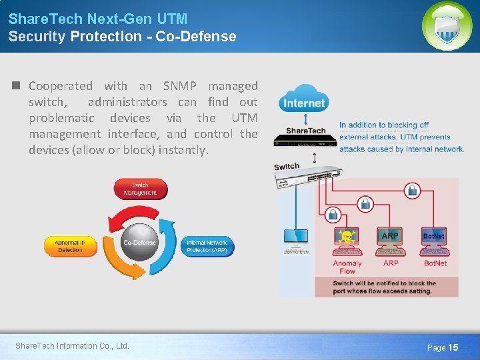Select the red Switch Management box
(x=140, y=189)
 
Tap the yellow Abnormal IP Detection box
(x=70, y=246)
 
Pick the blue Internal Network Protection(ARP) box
(x=207, y=246)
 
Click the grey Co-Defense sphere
(x=139, y=243)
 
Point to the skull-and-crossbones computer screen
(x=346, y=236)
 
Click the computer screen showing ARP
(x=390, y=236)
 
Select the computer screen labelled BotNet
(x=434, y=236)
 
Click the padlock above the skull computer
(x=331, y=214)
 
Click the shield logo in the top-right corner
(x=447, y=26)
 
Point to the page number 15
(x=453, y=347)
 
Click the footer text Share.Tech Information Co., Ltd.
(x=72, y=345)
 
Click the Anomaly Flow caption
(x=347, y=267)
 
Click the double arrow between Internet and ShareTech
(x=305, y=119)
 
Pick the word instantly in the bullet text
(x=184, y=150)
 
